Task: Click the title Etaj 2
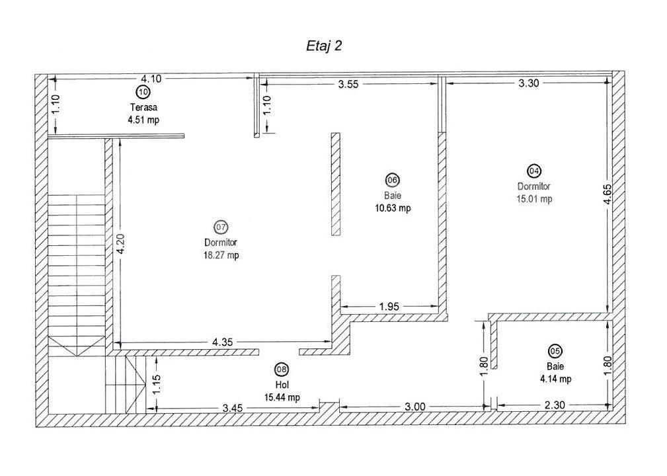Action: click(x=323, y=46)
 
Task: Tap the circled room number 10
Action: click(x=143, y=91)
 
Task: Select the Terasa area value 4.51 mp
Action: click(x=143, y=120)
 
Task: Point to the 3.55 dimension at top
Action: click(x=352, y=84)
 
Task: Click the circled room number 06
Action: click(x=392, y=180)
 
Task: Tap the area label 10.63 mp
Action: click(x=392, y=208)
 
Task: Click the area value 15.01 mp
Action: click(x=534, y=198)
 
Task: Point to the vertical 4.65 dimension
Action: click(x=607, y=199)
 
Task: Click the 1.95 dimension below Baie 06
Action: click(x=389, y=306)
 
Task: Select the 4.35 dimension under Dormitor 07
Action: click(x=221, y=342)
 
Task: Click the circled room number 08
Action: click(x=282, y=370)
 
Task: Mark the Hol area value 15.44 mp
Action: click(x=282, y=397)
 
